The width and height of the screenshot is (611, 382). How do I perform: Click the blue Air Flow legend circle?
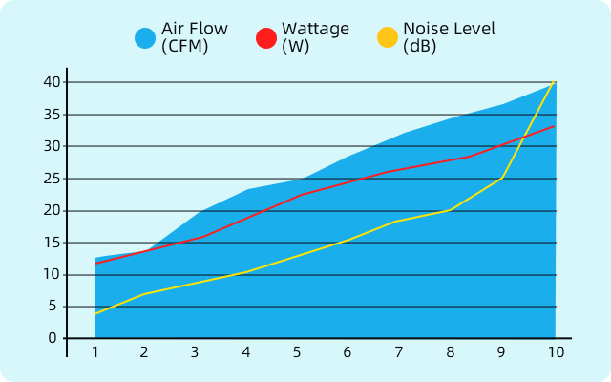pyautogui.click(x=145, y=38)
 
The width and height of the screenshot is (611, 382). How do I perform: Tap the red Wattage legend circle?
pyautogui.click(x=266, y=38)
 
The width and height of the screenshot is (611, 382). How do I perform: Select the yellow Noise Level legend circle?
pyautogui.click(x=388, y=38)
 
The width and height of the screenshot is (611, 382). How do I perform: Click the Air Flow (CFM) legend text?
pyautogui.click(x=195, y=37)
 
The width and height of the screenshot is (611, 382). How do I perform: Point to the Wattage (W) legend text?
pyautogui.click(x=315, y=37)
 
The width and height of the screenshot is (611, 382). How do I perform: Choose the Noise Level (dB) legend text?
pyautogui.click(x=449, y=37)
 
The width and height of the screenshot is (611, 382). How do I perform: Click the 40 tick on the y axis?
pyautogui.click(x=52, y=82)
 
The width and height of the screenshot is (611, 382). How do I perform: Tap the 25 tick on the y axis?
pyautogui.click(x=52, y=179)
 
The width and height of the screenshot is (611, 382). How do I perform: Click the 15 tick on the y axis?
pyautogui.click(x=52, y=243)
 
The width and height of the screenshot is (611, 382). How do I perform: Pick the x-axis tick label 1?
pyautogui.click(x=95, y=352)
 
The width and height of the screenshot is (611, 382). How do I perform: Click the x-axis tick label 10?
pyautogui.click(x=556, y=352)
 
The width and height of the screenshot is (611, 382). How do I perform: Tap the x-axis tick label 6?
pyautogui.click(x=348, y=352)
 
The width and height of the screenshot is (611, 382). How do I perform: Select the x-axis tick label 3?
pyautogui.click(x=195, y=352)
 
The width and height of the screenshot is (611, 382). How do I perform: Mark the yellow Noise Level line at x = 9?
pyautogui.click(x=503, y=178)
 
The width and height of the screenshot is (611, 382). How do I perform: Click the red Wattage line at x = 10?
pyautogui.click(x=555, y=126)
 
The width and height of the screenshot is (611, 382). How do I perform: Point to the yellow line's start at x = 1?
pyautogui.click(x=95, y=314)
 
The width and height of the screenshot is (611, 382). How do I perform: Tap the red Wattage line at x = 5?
pyautogui.click(x=298, y=196)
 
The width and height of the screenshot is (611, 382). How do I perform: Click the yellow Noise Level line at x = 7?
pyautogui.click(x=399, y=222)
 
